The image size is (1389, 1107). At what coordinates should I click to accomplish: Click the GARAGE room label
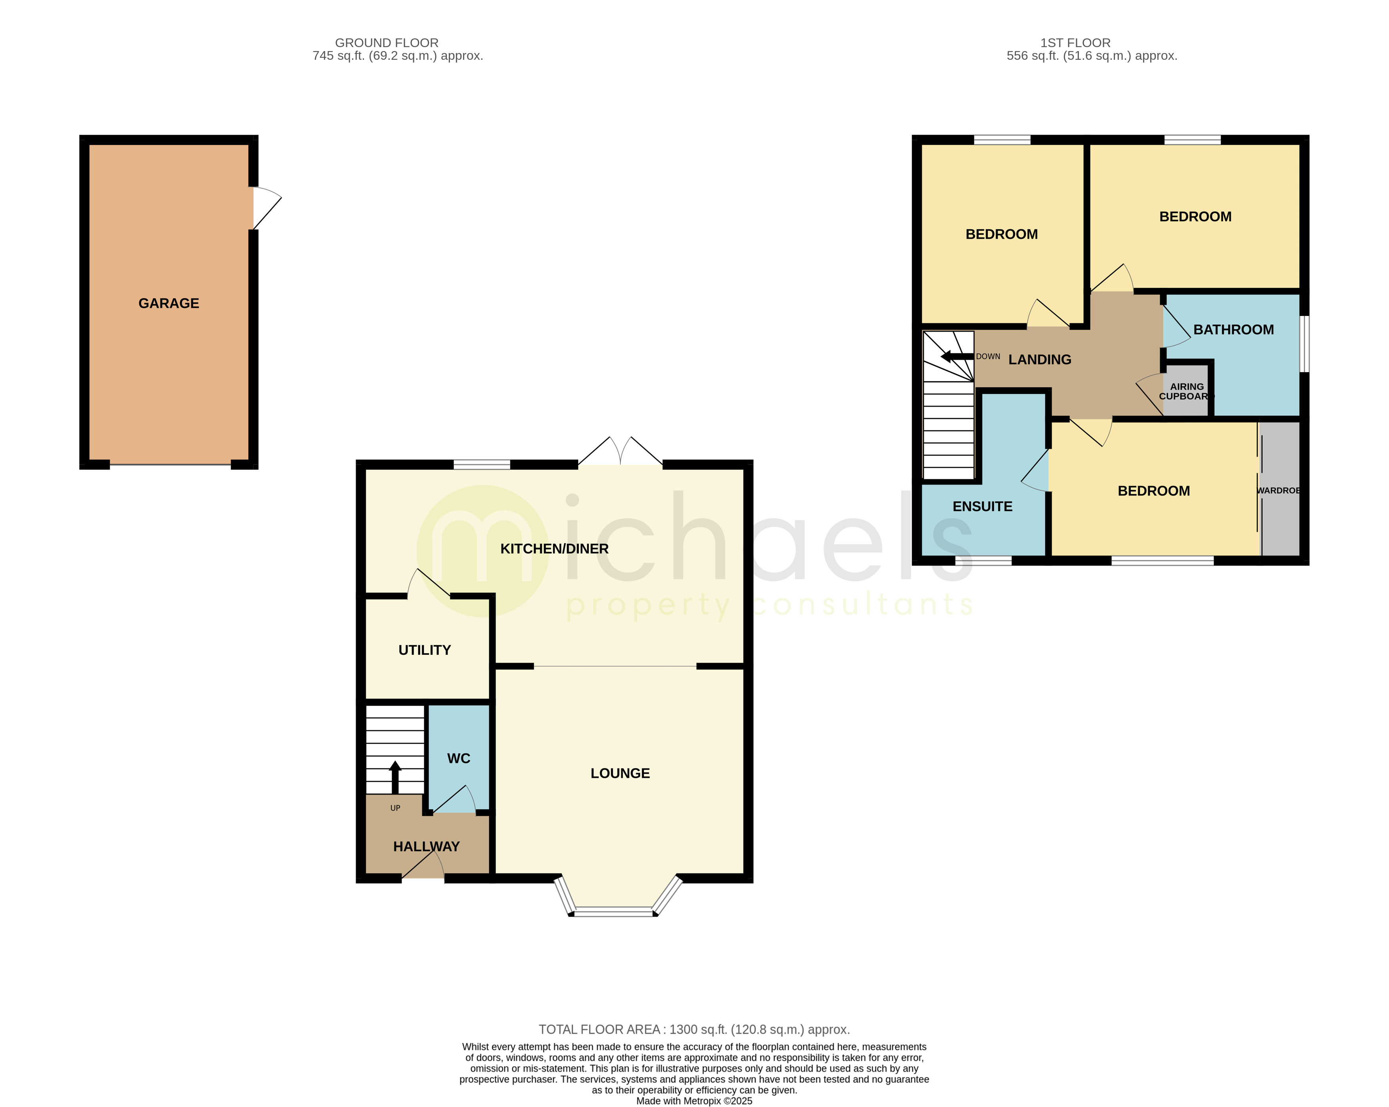(169, 303)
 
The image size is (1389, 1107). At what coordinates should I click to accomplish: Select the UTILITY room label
(425, 650)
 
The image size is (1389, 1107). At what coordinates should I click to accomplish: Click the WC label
(459, 758)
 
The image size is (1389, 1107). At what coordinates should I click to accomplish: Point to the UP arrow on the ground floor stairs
(395, 776)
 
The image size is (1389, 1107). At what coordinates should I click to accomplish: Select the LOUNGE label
(620, 773)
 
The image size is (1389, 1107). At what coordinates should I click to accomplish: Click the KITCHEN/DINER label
(554, 549)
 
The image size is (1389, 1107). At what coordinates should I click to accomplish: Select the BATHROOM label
(1233, 330)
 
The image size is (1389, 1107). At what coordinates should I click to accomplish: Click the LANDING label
(1039, 359)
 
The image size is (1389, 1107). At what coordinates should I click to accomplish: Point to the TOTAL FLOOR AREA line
(694, 1029)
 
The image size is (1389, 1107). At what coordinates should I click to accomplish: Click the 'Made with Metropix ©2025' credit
(694, 1101)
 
